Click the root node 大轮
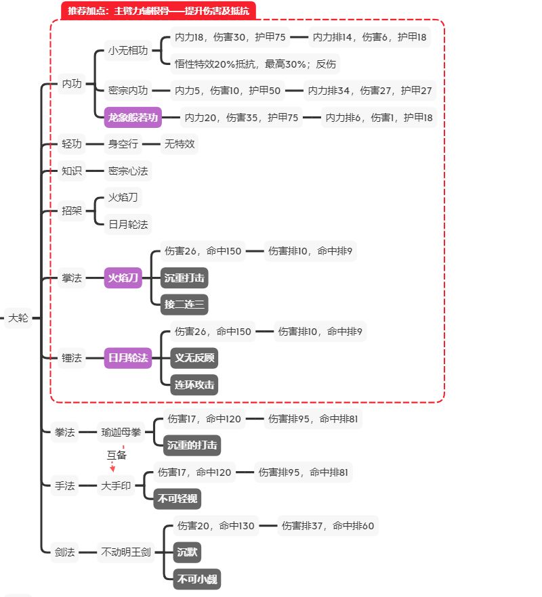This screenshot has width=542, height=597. click(18, 318)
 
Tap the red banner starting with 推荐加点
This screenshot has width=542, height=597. click(158, 10)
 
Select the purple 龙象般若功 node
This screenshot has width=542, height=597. click(133, 118)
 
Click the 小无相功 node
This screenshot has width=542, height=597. click(129, 51)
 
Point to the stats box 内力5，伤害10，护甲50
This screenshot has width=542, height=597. click(228, 90)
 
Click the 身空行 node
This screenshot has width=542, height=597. click(123, 144)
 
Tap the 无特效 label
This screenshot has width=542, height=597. click(180, 144)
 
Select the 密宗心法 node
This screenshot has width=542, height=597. click(127, 171)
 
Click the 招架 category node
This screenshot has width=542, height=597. click(72, 211)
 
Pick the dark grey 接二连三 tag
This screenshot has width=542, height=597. click(184, 304)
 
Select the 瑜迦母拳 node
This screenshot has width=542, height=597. click(122, 432)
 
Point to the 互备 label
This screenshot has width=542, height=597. click(117, 456)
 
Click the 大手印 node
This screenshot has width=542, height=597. click(115, 486)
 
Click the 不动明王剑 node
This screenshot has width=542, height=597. click(127, 552)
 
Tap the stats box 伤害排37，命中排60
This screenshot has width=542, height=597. click(328, 526)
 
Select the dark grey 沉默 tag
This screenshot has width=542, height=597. click(188, 552)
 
